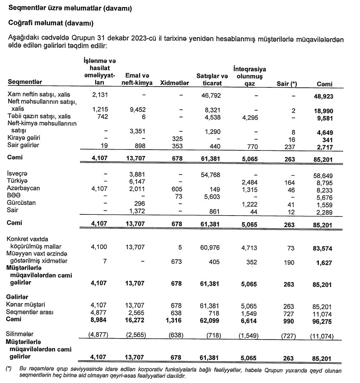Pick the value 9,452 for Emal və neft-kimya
(x=138, y=110)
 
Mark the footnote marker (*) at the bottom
(x=9, y=369)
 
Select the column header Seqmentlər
(x=25, y=83)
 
